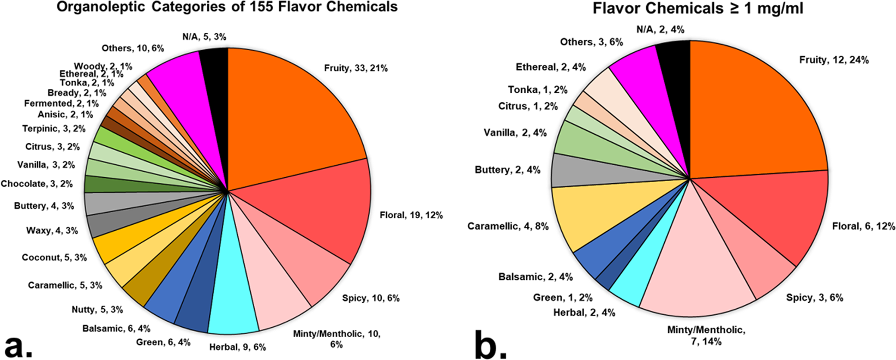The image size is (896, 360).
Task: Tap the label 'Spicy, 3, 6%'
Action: pos(814,298)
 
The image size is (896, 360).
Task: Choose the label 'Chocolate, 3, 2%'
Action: pos(37,184)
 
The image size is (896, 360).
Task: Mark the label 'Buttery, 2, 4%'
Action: pos(507,170)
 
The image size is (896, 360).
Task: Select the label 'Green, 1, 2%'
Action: pos(562,298)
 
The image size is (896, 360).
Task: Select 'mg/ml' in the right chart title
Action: pos(769,9)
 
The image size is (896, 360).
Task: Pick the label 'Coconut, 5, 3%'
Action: pos(54,257)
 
